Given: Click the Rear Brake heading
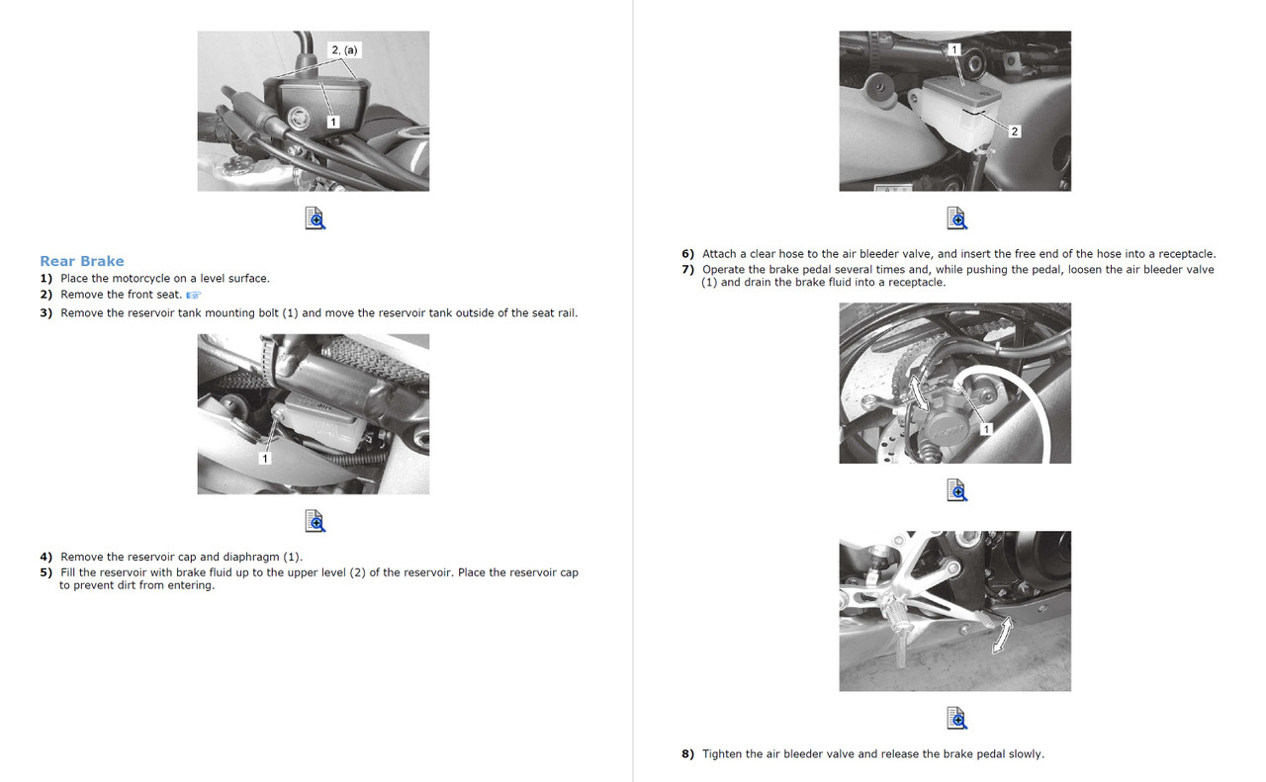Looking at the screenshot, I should [82, 261].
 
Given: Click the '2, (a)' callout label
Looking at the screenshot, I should [344, 49].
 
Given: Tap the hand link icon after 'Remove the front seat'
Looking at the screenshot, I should [193, 295].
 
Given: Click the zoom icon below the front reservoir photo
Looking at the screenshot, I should [315, 218].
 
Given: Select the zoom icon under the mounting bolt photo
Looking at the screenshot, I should [315, 521].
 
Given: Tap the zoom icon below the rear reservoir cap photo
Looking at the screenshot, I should [956, 218].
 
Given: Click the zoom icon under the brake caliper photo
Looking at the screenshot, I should [956, 490].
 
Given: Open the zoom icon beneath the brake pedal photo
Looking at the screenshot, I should [956, 718].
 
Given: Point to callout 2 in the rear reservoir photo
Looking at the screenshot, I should [1015, 131].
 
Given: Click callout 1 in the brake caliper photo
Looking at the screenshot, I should [986, 428].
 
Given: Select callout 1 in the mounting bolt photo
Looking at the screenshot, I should [264, 458].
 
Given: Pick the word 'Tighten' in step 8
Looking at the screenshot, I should [722, 754].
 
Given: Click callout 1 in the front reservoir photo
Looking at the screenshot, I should [333, 122].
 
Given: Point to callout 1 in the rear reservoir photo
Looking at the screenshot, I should [954, 49].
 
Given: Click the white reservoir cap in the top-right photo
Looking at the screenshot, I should [956, 91].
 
